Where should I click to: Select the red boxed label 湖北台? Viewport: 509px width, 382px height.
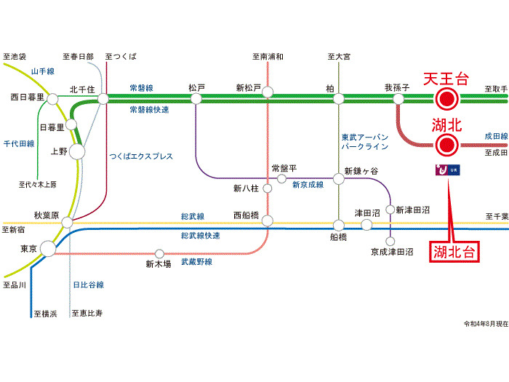(454, 252)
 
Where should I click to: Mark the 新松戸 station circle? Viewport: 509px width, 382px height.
(268, 92)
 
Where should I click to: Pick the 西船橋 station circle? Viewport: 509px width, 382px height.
(268, 220)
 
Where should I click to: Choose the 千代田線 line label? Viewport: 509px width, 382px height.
(19, 144)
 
